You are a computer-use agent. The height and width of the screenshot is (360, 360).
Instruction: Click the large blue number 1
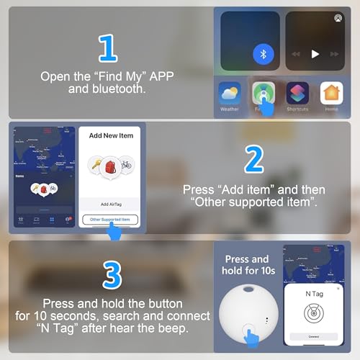point(107,48)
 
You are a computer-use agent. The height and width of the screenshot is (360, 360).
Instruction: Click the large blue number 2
point(253,161)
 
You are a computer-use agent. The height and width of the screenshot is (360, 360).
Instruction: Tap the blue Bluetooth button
point(264,54)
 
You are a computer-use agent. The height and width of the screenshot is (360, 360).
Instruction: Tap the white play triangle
point(315,54)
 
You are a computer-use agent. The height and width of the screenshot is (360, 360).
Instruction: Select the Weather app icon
point(229,94)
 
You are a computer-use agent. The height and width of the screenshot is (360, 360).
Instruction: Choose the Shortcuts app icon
point(297,94)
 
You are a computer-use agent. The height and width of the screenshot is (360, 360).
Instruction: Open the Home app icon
point(331,94)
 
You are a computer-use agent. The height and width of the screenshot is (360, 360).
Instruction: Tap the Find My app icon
point(264,94)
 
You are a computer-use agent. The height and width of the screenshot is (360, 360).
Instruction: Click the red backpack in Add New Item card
point(109,167)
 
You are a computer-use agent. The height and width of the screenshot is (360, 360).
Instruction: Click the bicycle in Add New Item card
point(126,165)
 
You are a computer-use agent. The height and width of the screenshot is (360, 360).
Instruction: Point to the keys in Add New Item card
point(93,166)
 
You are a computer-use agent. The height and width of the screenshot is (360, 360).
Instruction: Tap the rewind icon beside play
point(295,54)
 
